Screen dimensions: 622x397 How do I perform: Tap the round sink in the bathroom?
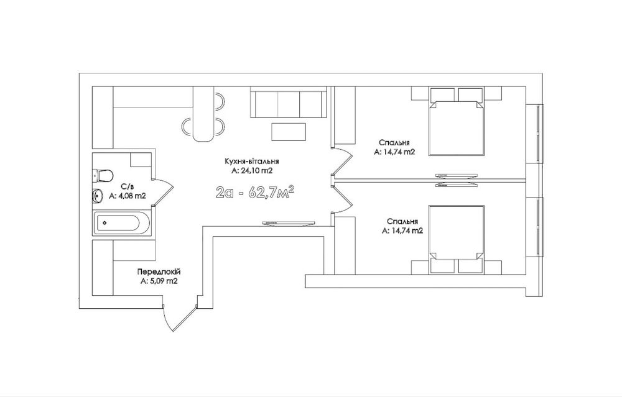pos(98,195)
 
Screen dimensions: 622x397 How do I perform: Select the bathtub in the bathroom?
pos(122,223)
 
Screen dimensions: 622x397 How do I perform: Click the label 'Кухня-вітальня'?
pos(251,162)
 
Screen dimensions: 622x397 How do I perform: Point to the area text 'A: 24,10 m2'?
pos(251,171)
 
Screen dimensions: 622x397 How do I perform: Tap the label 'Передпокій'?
pos(159,272)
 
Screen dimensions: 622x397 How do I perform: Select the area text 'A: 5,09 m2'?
pos(159,281)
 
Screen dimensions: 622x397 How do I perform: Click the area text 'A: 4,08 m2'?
pos(128,195)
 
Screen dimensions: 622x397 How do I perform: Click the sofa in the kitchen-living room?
pos(289,103)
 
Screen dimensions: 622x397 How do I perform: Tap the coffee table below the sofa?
pos(289,132)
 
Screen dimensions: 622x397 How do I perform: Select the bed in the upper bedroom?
pos(457,121)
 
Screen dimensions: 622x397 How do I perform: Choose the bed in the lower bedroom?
pos(457,239)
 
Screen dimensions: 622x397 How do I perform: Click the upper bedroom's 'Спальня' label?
pos(394,143)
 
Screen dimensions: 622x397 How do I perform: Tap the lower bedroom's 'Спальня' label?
pos(402,222)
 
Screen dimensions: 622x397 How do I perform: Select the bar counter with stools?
pos(203,114)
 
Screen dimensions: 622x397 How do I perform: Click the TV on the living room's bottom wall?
pos(289,224)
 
